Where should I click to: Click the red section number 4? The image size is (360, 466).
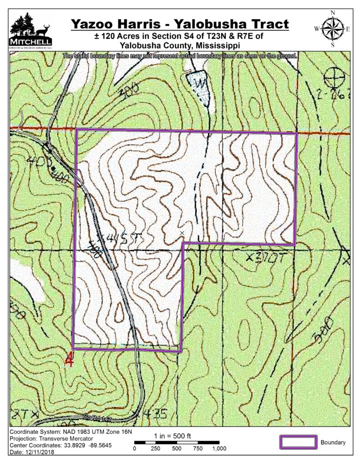70,359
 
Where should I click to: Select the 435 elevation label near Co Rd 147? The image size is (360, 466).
155,414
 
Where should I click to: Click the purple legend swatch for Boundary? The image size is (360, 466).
298,442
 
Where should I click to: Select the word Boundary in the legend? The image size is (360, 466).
333,442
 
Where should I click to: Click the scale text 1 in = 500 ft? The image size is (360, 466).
173,435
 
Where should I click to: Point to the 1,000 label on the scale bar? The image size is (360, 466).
219,449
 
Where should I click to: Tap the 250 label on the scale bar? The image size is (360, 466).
155,449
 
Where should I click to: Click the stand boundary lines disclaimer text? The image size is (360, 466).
180,56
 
